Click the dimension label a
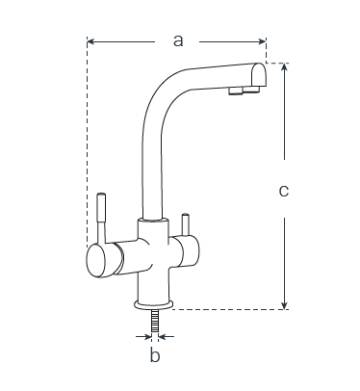[x=178, y=40]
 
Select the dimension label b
[x=155, y=355]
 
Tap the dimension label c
[x=284, y=191]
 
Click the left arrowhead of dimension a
[x=90, y=41]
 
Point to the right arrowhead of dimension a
[x=262, y=41]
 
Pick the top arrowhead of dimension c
[x=284, y=67]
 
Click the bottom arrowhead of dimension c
[x=284, y=305]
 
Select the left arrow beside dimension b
[x=143, y=337]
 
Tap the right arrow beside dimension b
[x=167, y=337]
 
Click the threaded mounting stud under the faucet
[x=155, y=321]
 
